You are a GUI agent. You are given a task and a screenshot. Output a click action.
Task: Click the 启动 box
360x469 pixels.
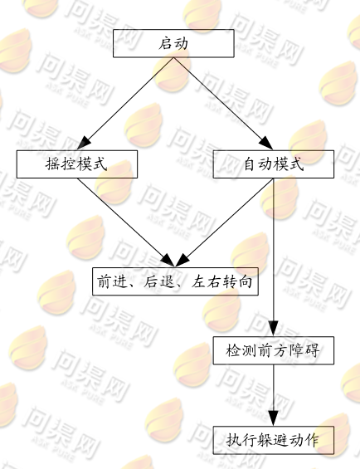click(x=173, y=43)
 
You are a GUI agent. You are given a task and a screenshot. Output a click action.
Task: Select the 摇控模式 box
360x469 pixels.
click(x=77, y=164)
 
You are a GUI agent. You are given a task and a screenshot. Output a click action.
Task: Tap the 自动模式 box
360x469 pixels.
click(x=273, y=164)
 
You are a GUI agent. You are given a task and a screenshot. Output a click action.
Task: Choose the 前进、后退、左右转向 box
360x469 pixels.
click(x=175, y=281)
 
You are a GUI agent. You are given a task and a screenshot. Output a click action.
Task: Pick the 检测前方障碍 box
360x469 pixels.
click(x=273, y=350)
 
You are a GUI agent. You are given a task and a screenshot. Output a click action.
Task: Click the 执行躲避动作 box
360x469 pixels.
click(x=273, y=440)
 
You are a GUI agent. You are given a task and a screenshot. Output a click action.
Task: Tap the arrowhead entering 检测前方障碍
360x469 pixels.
click(x=273, y=329)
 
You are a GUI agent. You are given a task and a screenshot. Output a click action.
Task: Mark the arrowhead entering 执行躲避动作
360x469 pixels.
click(x=273, y=418)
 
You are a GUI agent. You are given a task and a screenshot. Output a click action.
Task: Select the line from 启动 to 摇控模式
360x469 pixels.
click(x=125, y=104)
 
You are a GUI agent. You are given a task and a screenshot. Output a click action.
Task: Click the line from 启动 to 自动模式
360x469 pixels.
click(x=223, y=104)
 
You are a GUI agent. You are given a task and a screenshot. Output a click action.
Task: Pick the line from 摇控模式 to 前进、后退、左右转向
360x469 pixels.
click(x=126, y=222)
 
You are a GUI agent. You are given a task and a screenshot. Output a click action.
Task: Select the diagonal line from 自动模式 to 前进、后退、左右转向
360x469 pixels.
click(x=224, y=222)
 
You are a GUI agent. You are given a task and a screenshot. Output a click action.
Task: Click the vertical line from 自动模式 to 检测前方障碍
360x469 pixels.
click(x=273, y=257)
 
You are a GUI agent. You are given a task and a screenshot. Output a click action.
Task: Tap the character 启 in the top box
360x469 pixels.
click(x=165, y=43)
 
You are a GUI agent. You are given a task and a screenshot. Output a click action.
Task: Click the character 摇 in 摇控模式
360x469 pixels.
click(x=53, y=164)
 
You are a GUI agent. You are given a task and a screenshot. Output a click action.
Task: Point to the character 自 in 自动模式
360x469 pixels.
click(x=250, y=164)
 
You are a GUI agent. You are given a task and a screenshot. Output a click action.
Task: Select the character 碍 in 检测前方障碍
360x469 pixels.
click(x=311, y=350)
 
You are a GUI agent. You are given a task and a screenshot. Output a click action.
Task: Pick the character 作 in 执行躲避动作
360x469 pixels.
click(x=311, y=440)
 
